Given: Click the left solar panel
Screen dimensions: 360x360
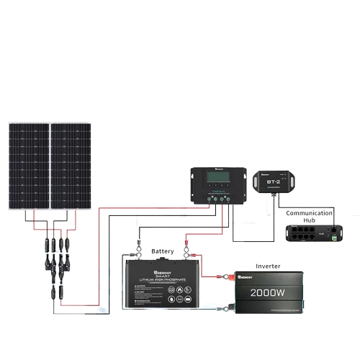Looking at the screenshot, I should click(x=28, y=166).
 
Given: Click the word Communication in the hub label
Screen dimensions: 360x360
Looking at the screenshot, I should click(x=309, y=213).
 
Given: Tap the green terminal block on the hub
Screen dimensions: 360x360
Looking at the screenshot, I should click(x=336, y=233).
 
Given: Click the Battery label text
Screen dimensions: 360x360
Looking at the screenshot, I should click(x=162, y=251).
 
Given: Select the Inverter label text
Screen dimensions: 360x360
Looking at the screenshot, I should click(x=269, y=266).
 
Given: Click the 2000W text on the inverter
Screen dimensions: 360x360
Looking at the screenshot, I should click(x=269, y=293).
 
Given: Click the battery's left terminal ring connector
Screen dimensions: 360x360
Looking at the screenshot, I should click(x=134, y=254).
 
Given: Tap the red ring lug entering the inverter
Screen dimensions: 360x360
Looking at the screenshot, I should click(x=224, y=275).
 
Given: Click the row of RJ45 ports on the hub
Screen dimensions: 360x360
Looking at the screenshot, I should click(x=308, y=233).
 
